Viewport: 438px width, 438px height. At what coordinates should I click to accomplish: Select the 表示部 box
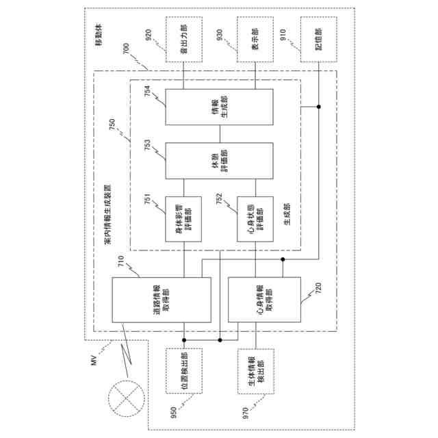(255, 41)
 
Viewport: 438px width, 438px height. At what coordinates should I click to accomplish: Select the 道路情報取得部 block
(162, 300)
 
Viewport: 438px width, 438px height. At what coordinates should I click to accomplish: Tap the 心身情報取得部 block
(263, 300)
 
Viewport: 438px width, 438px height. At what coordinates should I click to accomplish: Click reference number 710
(121, 263)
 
